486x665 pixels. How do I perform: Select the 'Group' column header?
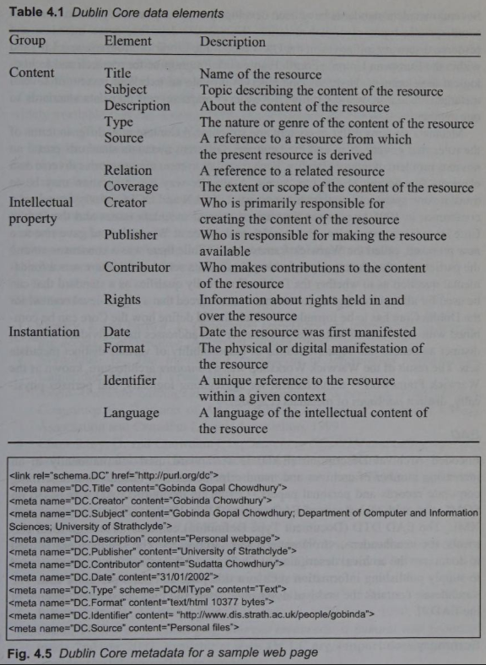(x=27, y=41)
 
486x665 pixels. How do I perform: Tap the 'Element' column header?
(x=127, y=41)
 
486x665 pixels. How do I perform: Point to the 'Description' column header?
(x=232, y=41)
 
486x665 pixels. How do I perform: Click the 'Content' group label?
(x=31, y=73)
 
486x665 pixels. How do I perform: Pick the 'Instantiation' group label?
(x=44, y=332)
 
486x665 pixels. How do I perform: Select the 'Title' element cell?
(x=117, y=73)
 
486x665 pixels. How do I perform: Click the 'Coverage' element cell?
(x=131, y=187)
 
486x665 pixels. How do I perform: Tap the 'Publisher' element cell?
(x=131, y=235)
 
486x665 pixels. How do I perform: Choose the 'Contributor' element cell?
(x=137, y=268)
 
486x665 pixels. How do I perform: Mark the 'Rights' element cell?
(x=122, y=300)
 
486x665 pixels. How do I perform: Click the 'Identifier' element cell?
(x=130, y=381)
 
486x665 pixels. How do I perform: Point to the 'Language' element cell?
(x=131, y=413)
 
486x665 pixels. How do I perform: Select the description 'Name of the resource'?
(x=261, y=73)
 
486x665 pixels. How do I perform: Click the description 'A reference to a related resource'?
(x=292, y=170)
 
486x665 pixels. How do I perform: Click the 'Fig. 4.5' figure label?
(x=27, y=653)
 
